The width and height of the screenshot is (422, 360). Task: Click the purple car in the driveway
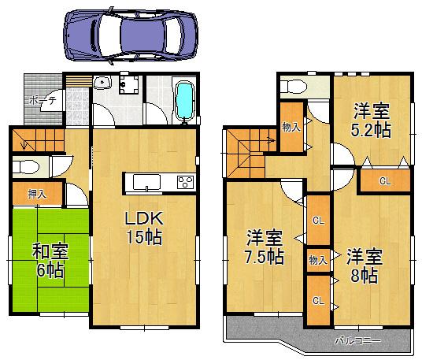(x=129, y=35)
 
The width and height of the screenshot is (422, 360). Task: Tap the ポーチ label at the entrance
(x=42, y=101)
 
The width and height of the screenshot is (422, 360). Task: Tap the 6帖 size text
(x=49, y=270)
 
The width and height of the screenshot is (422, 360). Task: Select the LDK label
(x=143, y=218)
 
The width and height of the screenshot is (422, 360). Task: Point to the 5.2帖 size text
(x=372, y=130)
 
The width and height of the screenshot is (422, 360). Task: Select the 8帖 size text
(x=364, y=276)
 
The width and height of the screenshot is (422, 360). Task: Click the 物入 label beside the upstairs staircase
(x=291, y=126)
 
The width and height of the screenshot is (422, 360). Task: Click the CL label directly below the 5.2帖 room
(x=384, y=181)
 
